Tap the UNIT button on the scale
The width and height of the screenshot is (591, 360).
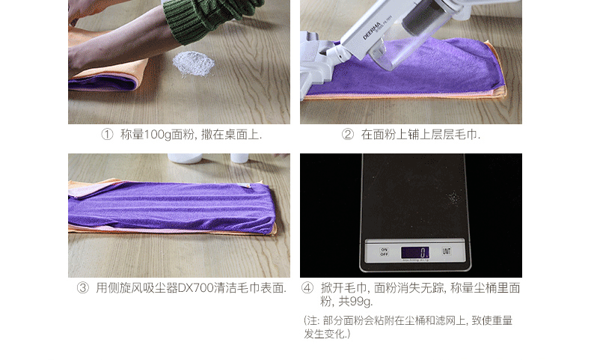click(446, 251)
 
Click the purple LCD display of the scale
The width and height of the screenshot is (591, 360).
click(414, 252)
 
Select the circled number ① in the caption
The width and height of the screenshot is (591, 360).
click(106, 135)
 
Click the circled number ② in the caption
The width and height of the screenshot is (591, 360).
click(347, 135)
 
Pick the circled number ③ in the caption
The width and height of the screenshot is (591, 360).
click(82, 288)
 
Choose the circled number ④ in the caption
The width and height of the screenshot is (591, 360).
click(307, 288)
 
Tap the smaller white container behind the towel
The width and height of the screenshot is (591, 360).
click(239, 158)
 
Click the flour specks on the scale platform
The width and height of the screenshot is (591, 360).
click(453, 198)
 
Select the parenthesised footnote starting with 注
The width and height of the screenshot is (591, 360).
click(408, 326)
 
